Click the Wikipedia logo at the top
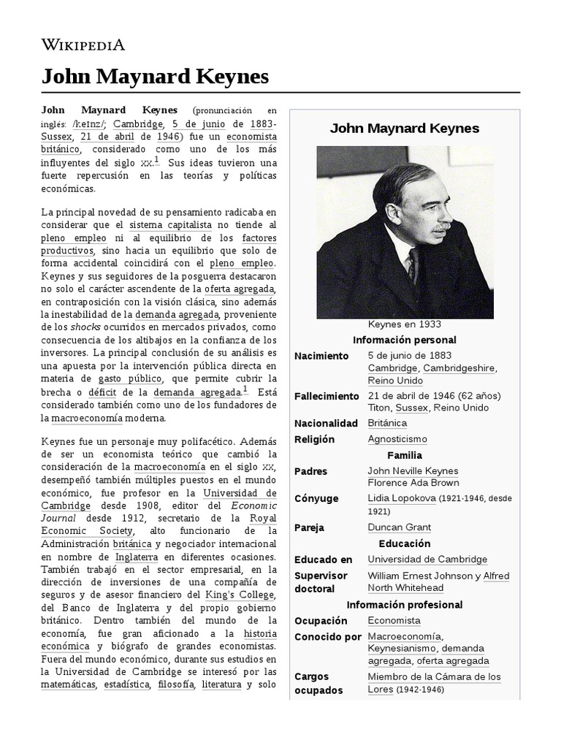tap(83, 45)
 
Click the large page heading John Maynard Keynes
tap(155, 77)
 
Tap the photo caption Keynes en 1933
tap(404, 324)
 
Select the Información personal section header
tap(404, 340)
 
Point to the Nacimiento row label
tap(321, 356)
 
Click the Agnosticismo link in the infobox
tap(397, 439)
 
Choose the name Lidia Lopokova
tap(402, 498)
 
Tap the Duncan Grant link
tap(399, 527)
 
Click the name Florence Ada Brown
tap(413, 483)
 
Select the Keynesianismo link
tap(401, 648)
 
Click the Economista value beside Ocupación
tap(394, 620)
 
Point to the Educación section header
tap(404, 543)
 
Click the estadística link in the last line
tap(126, 684)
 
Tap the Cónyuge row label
tap(316, 498)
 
